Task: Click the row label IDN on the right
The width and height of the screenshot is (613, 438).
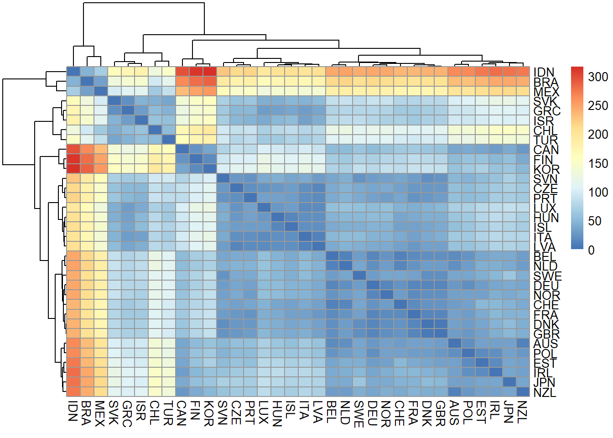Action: [544, 72]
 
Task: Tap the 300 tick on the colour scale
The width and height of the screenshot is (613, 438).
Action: [598, 77]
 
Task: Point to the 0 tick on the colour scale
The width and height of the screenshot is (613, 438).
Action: [592, 250]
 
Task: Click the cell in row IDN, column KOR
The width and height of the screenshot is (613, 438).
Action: [209, 72]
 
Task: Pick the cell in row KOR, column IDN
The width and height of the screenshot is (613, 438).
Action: [73, 168]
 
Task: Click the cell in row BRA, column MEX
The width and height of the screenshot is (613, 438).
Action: [100, 81]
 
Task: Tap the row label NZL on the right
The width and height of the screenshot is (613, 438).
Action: [545, 392]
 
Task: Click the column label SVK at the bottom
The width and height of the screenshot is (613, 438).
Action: [114, 413]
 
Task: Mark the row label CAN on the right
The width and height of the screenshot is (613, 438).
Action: [546, 149]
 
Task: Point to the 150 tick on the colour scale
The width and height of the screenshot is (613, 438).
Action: [598, 163]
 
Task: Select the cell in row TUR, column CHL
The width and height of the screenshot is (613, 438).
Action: [155, 139]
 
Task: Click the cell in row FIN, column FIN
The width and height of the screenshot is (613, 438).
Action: [196, 159]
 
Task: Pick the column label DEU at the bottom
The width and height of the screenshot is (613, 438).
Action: [373, 413]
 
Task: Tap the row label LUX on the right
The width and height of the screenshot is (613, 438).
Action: [545, 207]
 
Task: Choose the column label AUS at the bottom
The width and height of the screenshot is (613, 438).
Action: [454, 413]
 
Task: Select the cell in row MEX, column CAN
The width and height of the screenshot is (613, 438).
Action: [182, 91]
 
